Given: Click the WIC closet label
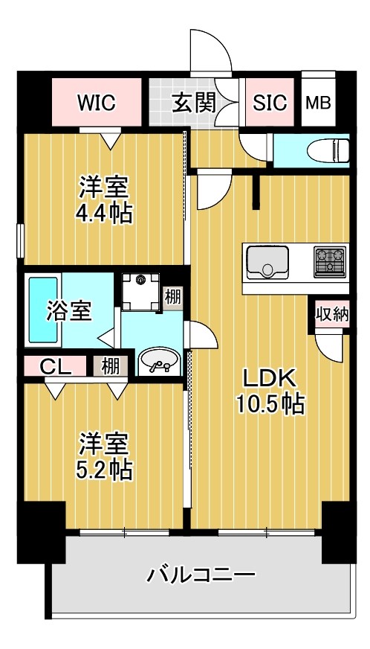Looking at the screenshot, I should [97, 103].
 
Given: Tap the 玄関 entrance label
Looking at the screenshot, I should [195, 103].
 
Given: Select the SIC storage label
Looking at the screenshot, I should [270, 103].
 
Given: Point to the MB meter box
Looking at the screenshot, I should [319, 103].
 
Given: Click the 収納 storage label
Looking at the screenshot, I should [331, 313].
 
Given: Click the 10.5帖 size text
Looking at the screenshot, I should [269, 404].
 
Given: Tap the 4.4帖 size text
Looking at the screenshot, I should [104, 214].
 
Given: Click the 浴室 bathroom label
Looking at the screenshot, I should [69, 311].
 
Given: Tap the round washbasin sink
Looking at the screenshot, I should [159, 361].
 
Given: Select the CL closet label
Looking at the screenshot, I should [51, 366].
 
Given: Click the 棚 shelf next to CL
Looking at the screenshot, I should [110, 366].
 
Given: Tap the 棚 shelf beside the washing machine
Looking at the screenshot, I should [172, 296].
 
